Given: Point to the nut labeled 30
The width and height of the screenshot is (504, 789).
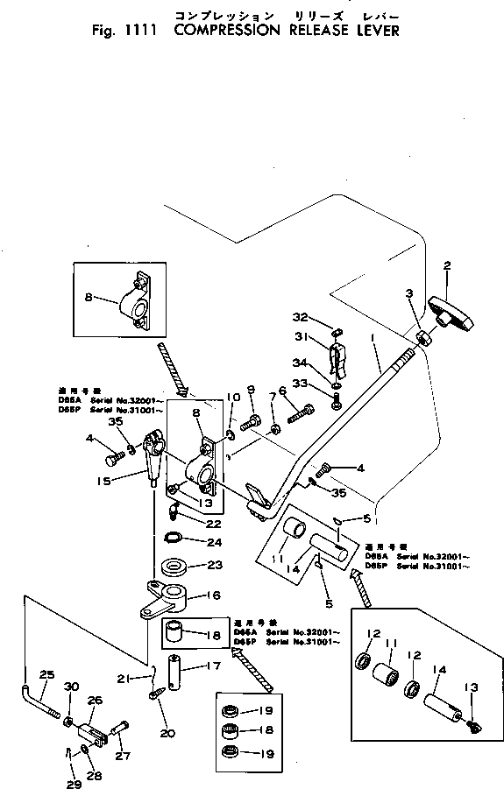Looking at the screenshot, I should click(67, 721).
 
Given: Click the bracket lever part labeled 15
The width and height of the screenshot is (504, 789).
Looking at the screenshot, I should click(153, 454).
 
